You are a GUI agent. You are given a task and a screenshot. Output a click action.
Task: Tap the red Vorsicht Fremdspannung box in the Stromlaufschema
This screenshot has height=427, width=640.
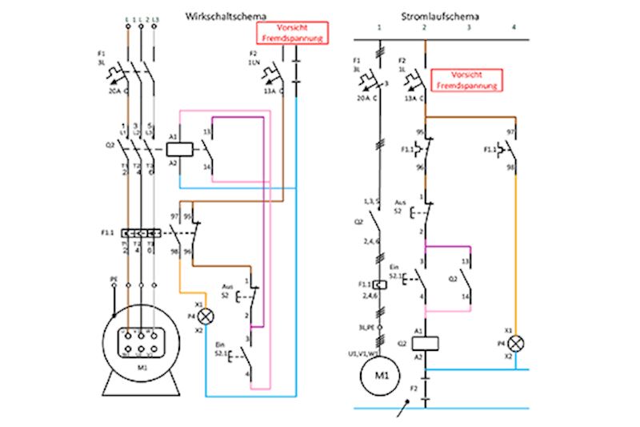click(466, 79)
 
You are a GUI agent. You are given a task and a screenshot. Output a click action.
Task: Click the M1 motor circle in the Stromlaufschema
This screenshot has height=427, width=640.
click(382, 373)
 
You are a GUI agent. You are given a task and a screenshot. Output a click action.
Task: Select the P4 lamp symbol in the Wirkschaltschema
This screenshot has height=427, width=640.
click(206, 316)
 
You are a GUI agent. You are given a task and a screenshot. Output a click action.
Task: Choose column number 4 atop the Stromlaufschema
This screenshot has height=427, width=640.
click(515, 28)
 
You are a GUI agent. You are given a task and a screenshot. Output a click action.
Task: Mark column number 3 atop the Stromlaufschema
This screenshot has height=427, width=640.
click(470, 28)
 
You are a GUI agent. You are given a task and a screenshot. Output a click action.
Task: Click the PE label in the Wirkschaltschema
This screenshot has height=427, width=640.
click(114, 280)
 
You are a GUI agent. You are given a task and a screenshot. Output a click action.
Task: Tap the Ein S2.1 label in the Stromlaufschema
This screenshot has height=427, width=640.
click(394, 272)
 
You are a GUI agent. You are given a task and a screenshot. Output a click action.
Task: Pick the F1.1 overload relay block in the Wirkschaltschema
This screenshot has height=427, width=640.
click(141, 233)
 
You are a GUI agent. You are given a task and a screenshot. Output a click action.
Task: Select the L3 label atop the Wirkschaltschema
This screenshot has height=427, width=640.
click(154, 18)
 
